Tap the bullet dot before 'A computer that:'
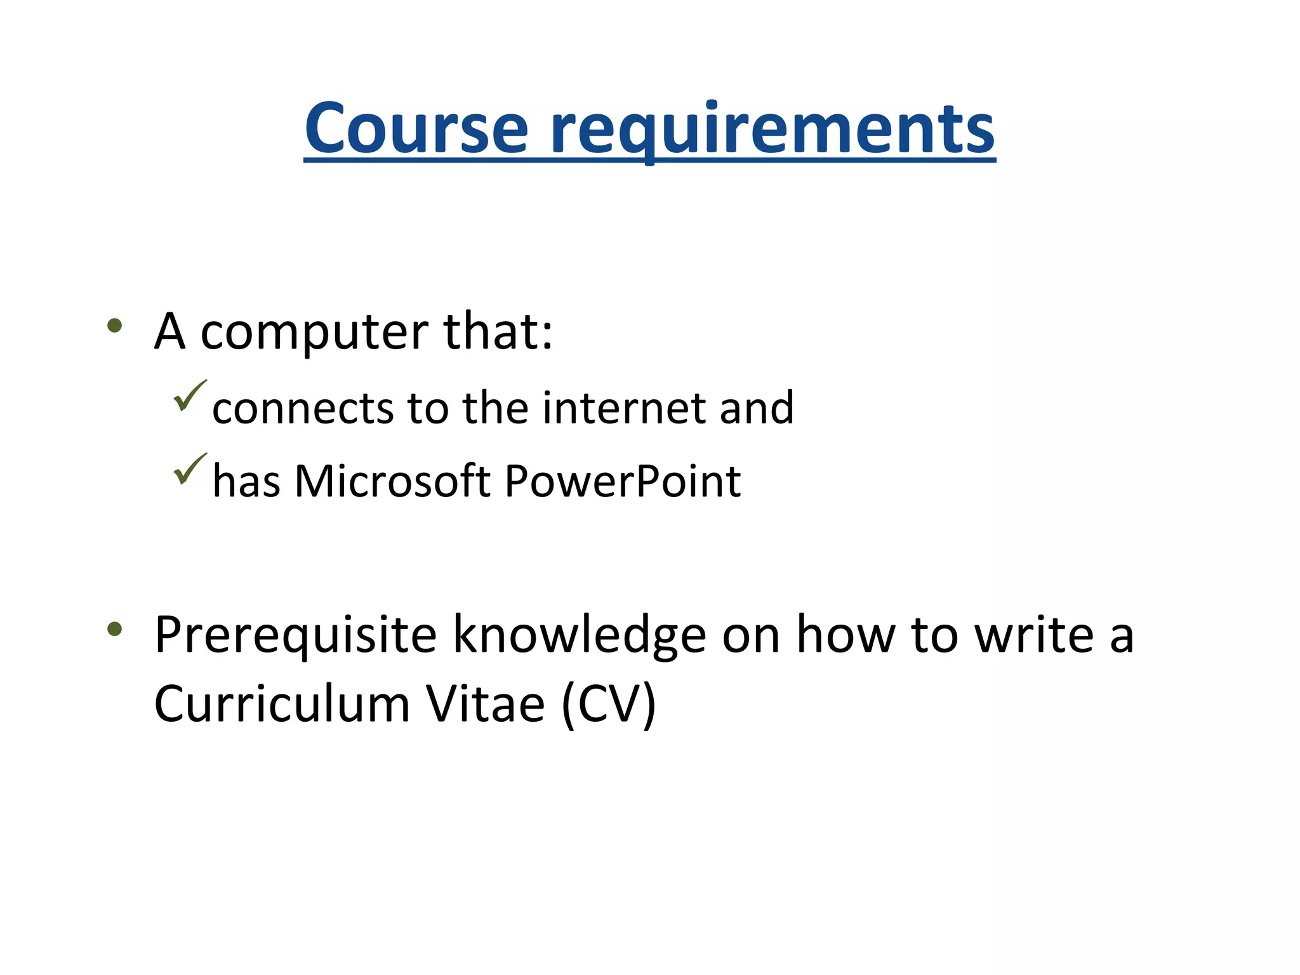[115, 326]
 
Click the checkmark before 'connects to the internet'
[189, 396]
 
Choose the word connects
[303, 408]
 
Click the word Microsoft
[392, 481]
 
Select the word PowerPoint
[623, 481]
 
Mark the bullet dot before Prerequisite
[115, 629]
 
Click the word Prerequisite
[296, 635]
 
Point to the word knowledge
[579, 635]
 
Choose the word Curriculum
[282, 704]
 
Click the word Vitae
[485, 704]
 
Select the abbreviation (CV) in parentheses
[608, 705]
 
